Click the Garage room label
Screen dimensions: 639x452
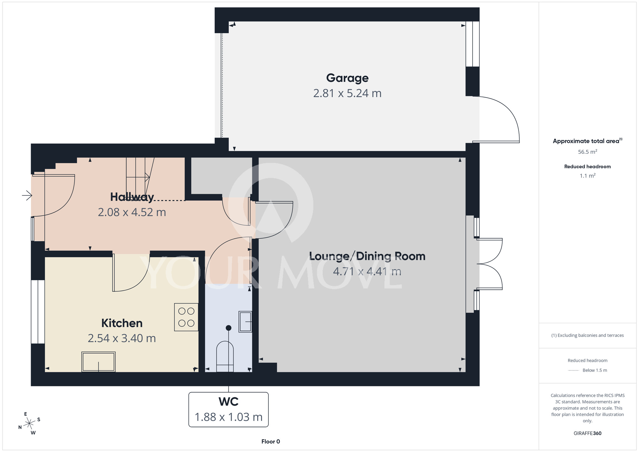pyautogui.click(x=347, y=78)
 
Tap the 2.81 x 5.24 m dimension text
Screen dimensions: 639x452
pyautogui.click(x=347, y=93)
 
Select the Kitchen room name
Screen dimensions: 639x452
pyautogui.click(x=122, y=323)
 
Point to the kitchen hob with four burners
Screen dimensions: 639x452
pyautogui.click(x=186, y=317)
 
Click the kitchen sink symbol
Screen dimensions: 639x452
pyautogui.click(x=98, y=362)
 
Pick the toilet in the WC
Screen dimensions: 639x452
pyautogui.click(x=225, y=356)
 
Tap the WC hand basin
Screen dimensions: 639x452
pyautogui.click(x=245, y=322)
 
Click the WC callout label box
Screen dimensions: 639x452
pyautogui.click(x=228, y=409)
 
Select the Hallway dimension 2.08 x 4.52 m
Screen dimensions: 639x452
pyautogui.click(x=132, y=212)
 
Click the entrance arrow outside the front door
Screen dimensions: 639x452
pyautogui.click(x=27, y=195)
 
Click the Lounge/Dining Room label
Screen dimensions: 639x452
pyautogui.click(x=367, y=256)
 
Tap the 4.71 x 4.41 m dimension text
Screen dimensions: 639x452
pyautogui.click(x=367, y=271)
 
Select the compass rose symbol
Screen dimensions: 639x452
pyautogui.click(x=29, y=424)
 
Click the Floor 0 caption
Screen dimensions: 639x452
pyautogui.click(x=271, y=441)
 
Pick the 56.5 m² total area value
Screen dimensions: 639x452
pyautogui.click(x=588, y=152)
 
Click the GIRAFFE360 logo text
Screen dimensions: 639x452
pyautogui.click(x=588, y=433)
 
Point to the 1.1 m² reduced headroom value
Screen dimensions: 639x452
pyautogui.click(x=588, y=175)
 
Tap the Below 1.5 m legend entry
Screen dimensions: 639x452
pyautogui.click(x=588, y=370)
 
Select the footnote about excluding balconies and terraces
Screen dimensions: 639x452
pyautogui.click(x=588, y=335)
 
